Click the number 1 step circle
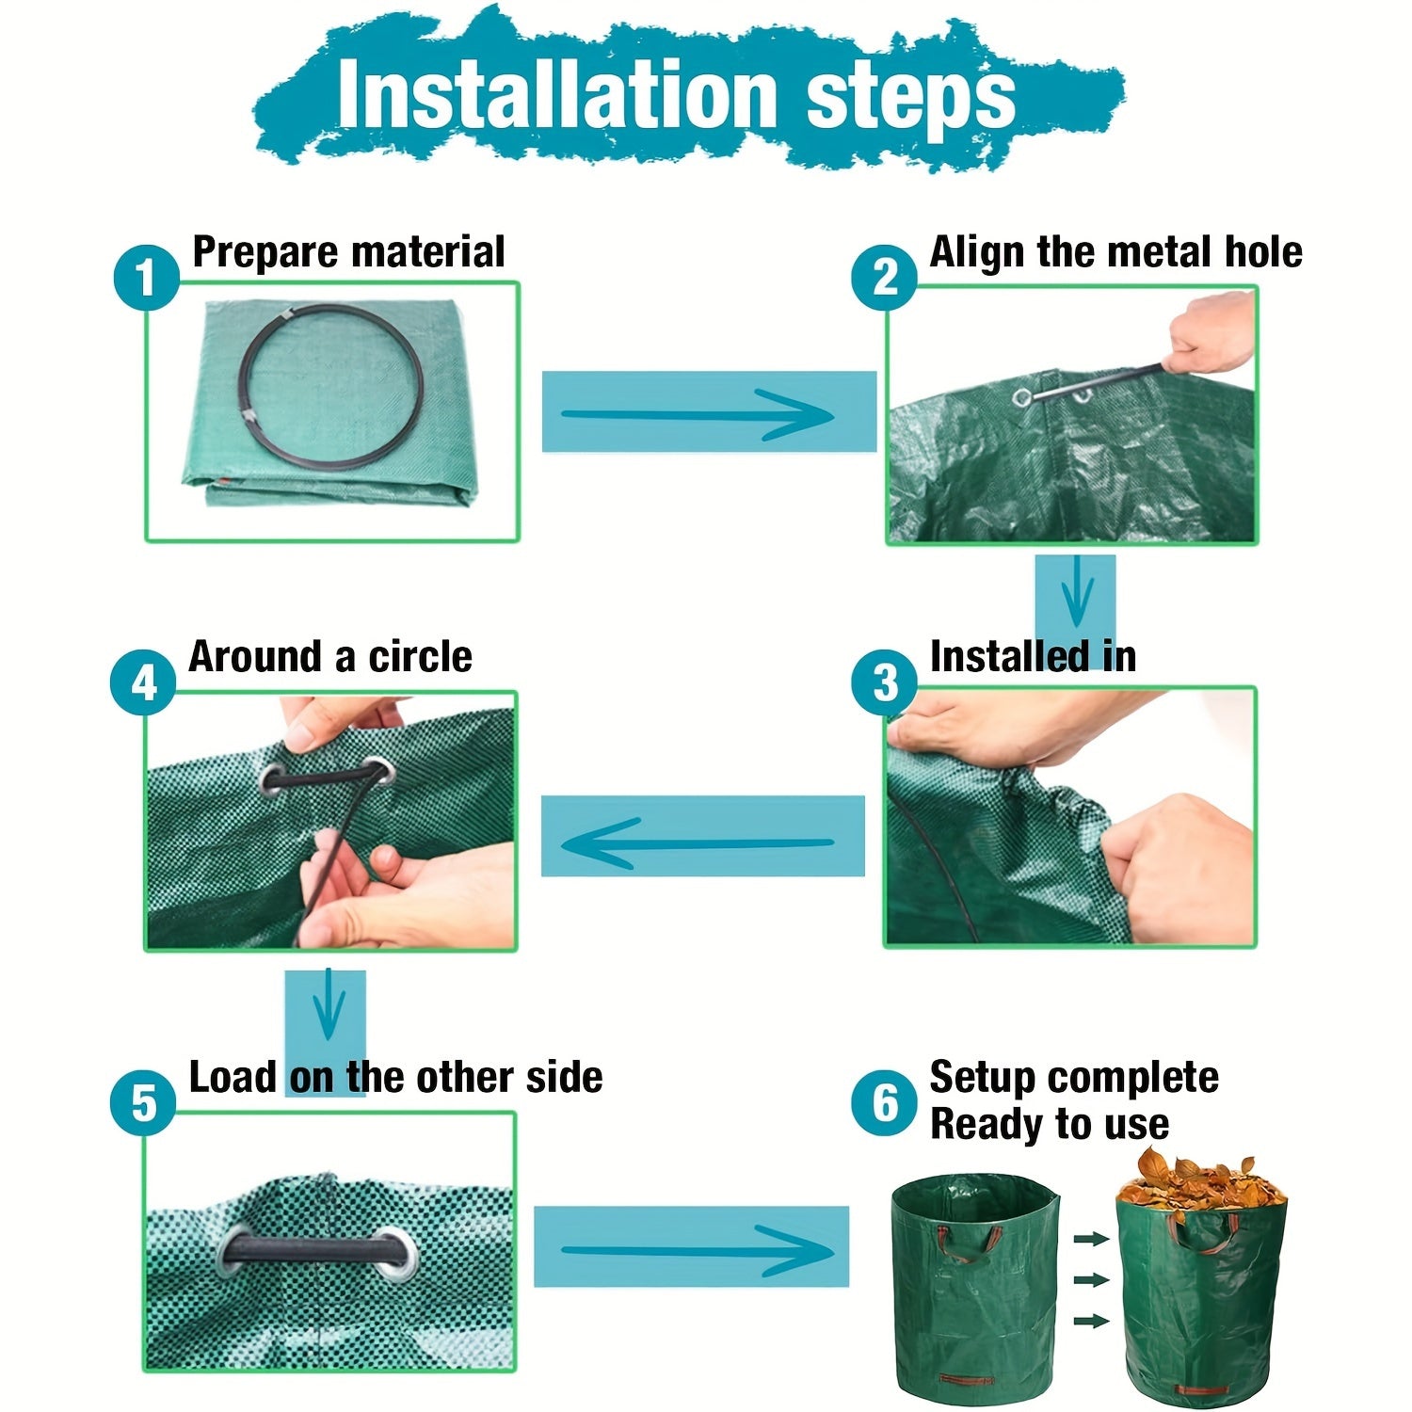coord(146,278)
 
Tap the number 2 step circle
coord(885,278)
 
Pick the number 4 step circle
coord(143,682)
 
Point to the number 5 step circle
coord(143,1103)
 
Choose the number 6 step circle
coord(885,1103)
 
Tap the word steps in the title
coord(911,99)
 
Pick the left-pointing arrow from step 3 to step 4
coord(698,842)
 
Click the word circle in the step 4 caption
coord(420,657)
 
